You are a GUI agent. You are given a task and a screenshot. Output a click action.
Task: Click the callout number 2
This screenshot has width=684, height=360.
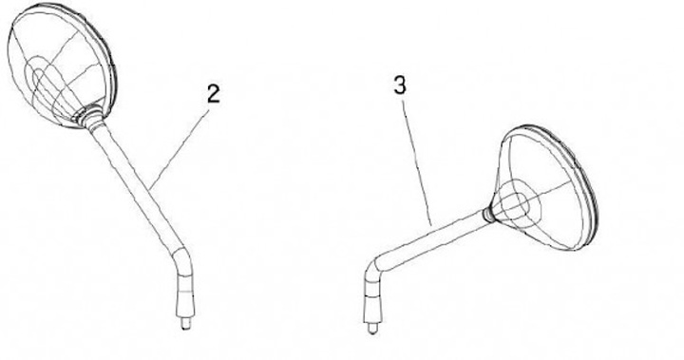214,94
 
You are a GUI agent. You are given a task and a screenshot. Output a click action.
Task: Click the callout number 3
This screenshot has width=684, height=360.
400,85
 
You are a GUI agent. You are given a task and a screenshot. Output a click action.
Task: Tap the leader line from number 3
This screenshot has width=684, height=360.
417,163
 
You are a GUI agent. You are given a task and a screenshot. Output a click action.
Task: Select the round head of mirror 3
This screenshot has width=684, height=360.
545,188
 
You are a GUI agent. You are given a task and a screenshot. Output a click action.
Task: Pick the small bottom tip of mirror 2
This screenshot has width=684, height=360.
185,324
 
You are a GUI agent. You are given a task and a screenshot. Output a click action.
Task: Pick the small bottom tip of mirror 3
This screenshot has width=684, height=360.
371,328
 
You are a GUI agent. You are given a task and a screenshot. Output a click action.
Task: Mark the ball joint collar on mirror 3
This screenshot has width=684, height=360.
489,214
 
